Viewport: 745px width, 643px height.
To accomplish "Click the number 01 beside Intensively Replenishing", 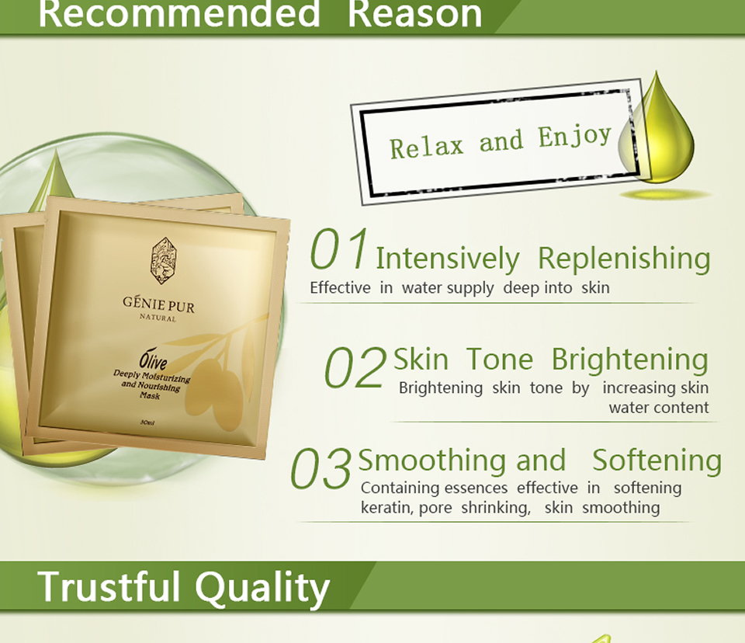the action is coord(339,249).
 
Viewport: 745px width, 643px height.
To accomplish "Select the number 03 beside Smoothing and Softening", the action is coord(321,468).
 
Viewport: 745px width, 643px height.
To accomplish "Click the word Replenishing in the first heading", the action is coord(624,259).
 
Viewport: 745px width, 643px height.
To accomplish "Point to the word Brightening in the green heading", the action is coord(630,360).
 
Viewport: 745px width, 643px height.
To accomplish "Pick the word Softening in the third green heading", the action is coord(657,461).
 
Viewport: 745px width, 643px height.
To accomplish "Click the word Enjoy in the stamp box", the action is coord(574,137).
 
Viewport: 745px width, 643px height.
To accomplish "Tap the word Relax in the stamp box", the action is coord(426,147).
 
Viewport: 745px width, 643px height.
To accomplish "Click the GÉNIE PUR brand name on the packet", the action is coord(158,304).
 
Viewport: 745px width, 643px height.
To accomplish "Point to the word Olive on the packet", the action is coord(153,360).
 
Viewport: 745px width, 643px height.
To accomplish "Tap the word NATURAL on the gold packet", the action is coord(158,318).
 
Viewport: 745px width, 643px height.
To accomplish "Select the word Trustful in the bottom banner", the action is coord(109,586).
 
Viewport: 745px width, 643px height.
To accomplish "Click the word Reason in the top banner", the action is coord(414,13).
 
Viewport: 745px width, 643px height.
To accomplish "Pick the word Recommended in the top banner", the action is coord(179,13).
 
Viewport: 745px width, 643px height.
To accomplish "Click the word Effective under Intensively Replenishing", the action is coord(340,288).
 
